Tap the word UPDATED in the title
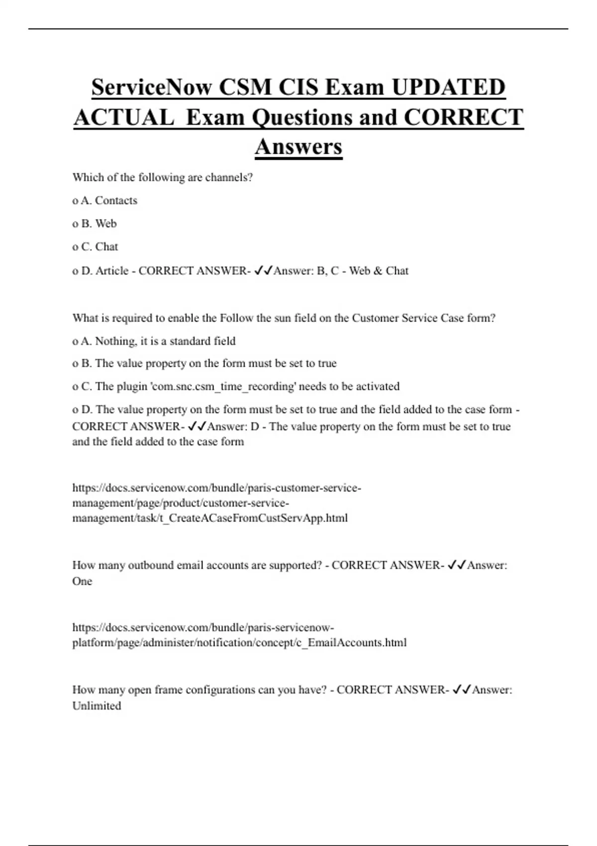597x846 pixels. pos(448,88)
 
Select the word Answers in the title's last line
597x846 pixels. pos(298,146)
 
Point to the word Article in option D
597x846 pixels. pos(112,271)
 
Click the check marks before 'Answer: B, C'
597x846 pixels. pos(263,271)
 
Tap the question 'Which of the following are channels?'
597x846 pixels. pos(163,178)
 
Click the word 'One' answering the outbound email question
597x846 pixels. pos(82,581)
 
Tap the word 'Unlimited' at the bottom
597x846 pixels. pos(97,706)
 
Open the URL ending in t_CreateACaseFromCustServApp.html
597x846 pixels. pos(216,503)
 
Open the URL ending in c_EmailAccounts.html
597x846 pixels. pos(239,635)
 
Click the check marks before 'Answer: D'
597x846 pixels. pos(197,426)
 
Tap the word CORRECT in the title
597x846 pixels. pos(463,117)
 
